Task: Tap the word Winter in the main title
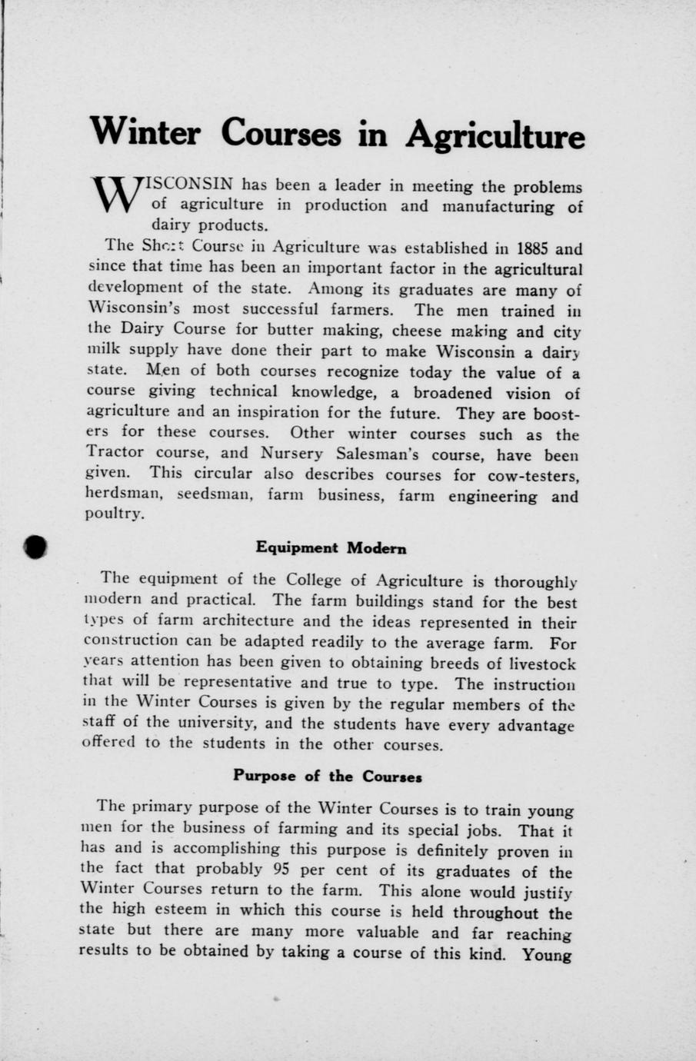[x=145, y=131]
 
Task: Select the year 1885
[x=534, y=249]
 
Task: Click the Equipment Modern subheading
[x=331, y=548]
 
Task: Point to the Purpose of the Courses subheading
[x=327, y=776]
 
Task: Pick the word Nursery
[x=294, y=454]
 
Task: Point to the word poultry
[x=113, y=515]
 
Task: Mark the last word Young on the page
[x=547, y=955]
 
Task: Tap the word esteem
[x=181, y=909]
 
